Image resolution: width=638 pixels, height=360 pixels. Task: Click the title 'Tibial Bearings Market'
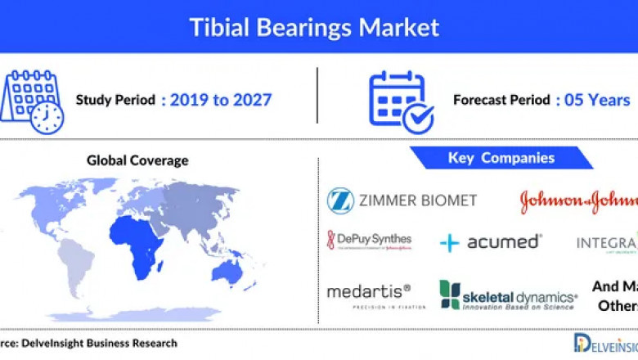314,26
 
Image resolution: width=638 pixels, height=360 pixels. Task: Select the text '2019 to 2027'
216,101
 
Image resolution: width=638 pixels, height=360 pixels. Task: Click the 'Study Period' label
115,101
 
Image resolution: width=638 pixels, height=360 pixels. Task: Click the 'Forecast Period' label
501,101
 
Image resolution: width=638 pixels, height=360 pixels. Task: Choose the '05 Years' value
592,101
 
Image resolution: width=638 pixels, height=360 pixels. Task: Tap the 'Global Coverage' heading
137,160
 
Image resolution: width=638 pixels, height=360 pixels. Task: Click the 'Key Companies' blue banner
501,158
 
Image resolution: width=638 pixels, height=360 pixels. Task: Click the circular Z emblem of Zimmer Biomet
340,200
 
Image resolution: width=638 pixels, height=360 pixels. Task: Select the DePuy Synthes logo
369,241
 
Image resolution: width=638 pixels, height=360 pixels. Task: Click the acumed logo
490,242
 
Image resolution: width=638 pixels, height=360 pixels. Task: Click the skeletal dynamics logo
508,295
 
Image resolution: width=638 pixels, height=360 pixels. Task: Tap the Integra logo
606,244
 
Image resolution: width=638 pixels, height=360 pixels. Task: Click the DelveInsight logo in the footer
604,343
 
